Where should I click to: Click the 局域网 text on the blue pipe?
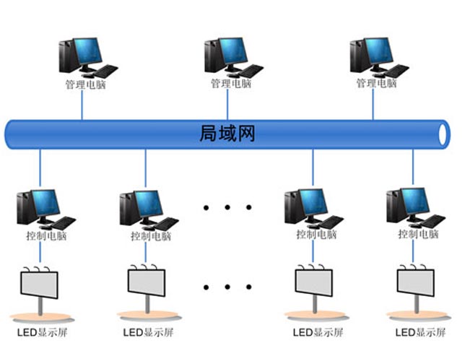[227, 134]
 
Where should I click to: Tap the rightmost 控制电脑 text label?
[418, 235]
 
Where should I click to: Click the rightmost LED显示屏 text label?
[419, 333]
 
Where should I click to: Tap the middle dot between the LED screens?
[227, 287]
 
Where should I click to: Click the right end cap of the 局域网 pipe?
[443, 134]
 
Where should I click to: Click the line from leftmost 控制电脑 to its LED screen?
[40, 253]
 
